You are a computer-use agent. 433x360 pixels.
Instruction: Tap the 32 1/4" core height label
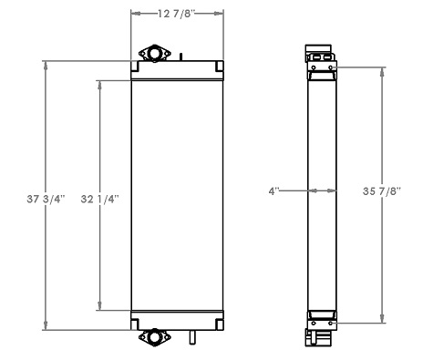(x=99, y=197)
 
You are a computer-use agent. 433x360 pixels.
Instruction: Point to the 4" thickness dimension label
(x=274, y=191)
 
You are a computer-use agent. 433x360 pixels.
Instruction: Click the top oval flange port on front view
(x=154, y=56)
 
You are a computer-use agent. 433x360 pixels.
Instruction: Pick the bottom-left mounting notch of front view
(x=136, y=324)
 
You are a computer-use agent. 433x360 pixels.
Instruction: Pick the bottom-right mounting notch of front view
(x=219, y=324)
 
